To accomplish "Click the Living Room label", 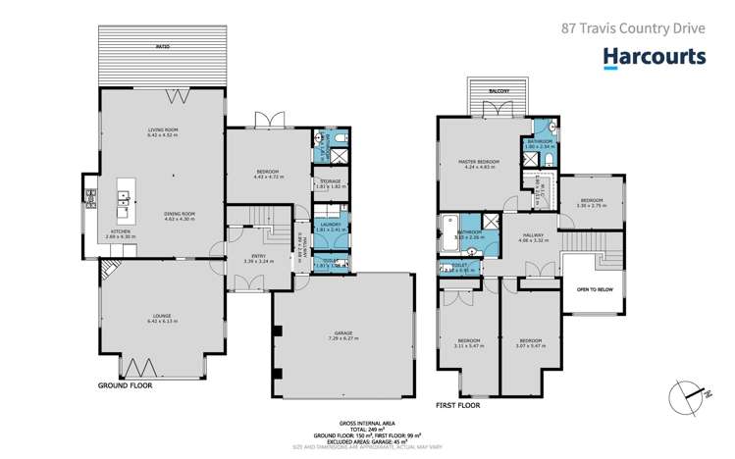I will pyautogui.click(x=163, y=131).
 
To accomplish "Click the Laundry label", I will pyautogui.click(x=329, y=227).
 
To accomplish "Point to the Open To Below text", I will pyautogui.click(x=596, y=290).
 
